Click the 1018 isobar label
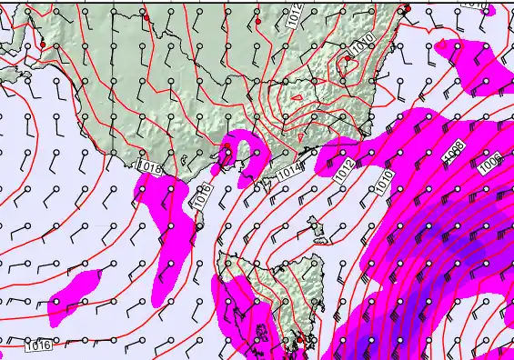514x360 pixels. coord(149,167)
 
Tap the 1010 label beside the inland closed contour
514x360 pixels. coord(363,43)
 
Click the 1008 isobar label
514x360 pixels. coord(454,152)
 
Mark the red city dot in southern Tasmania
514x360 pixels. coord(299,340)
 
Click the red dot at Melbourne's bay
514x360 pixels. coord(227,151)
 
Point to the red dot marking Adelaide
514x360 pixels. coord(42,44)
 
